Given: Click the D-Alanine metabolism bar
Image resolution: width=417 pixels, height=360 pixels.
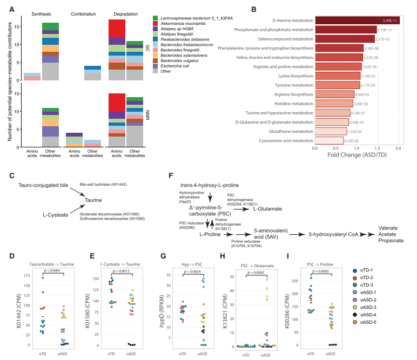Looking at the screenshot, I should pyautogui.click(x=357, y=21).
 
